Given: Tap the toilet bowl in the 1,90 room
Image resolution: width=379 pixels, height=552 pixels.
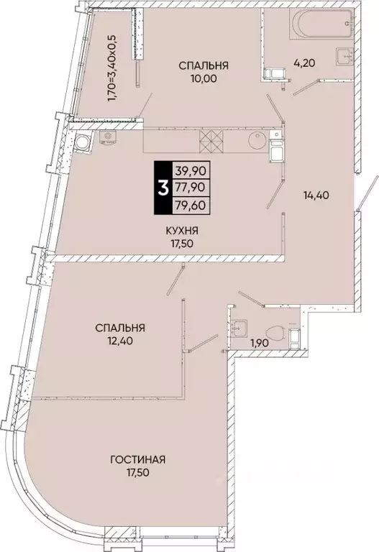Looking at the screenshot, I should [x=272, y=331].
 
